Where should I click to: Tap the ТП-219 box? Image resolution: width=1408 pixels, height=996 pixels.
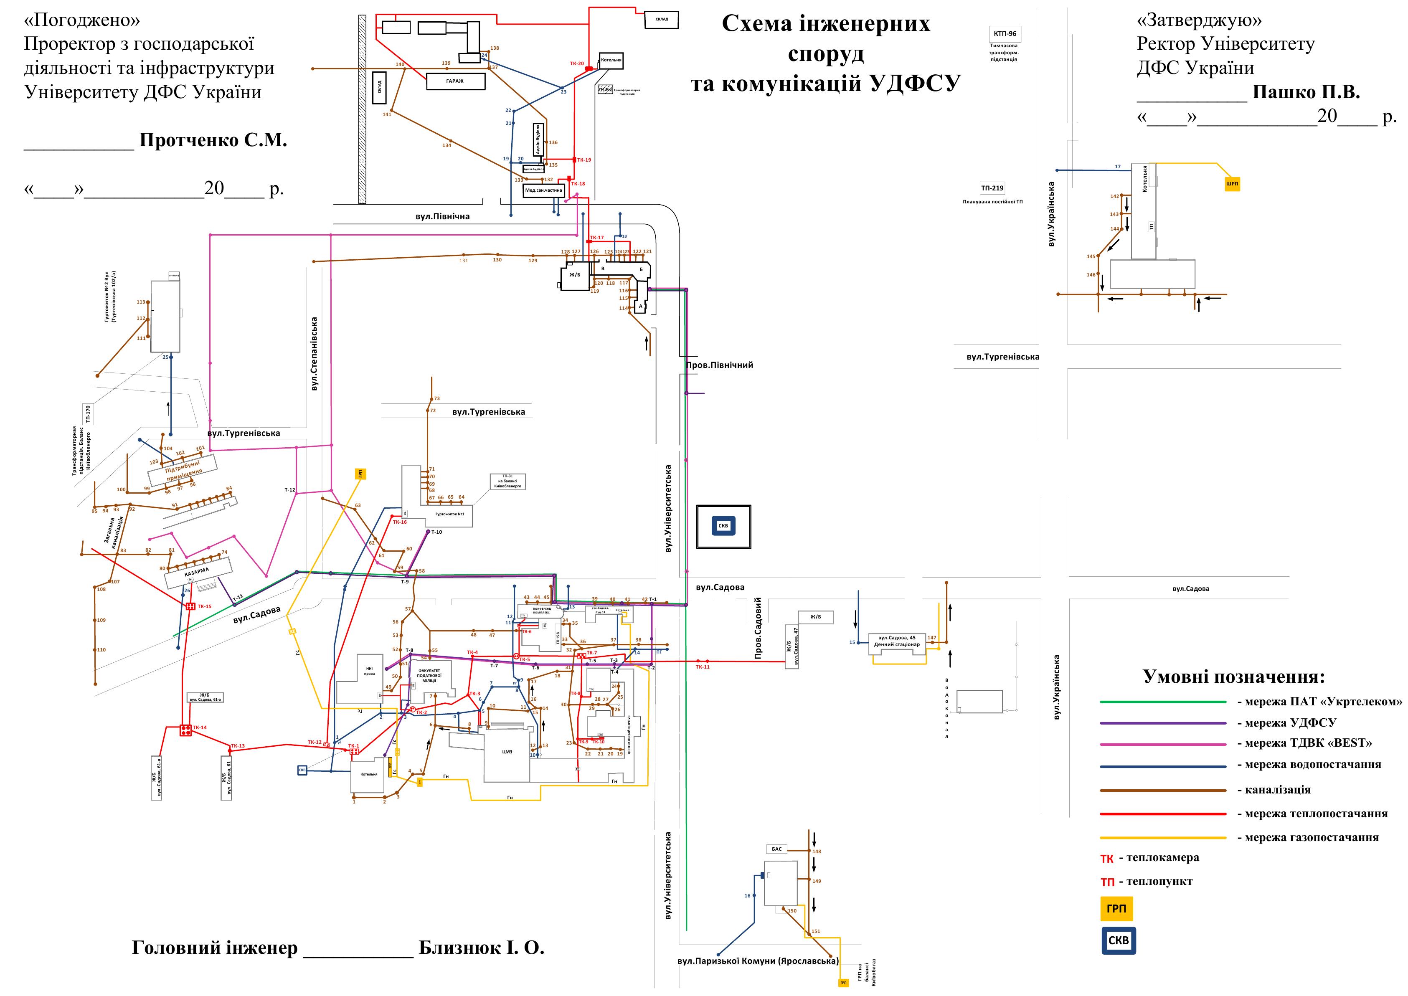coord(992,188)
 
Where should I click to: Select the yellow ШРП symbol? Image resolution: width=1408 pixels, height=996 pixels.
coord(1233,183)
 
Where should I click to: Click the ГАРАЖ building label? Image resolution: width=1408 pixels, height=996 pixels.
coord(455,81)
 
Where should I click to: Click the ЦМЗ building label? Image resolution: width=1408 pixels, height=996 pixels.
coord(507,751)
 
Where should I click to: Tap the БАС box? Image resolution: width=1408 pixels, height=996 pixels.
coord(777,849)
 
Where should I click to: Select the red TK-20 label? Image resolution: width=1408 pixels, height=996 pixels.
coord(576,63)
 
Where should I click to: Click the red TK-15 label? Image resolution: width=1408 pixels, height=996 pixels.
coord(204,606)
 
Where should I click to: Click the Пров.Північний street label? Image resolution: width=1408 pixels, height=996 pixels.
coord(719,365)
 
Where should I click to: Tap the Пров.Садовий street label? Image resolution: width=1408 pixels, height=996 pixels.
coord(758,629)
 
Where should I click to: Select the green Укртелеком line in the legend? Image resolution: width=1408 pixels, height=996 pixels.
coord(1163,702)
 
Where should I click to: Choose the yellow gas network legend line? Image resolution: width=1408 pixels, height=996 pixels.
coord(1163,838)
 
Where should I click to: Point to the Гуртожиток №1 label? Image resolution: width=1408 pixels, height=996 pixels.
coord(449,514)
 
